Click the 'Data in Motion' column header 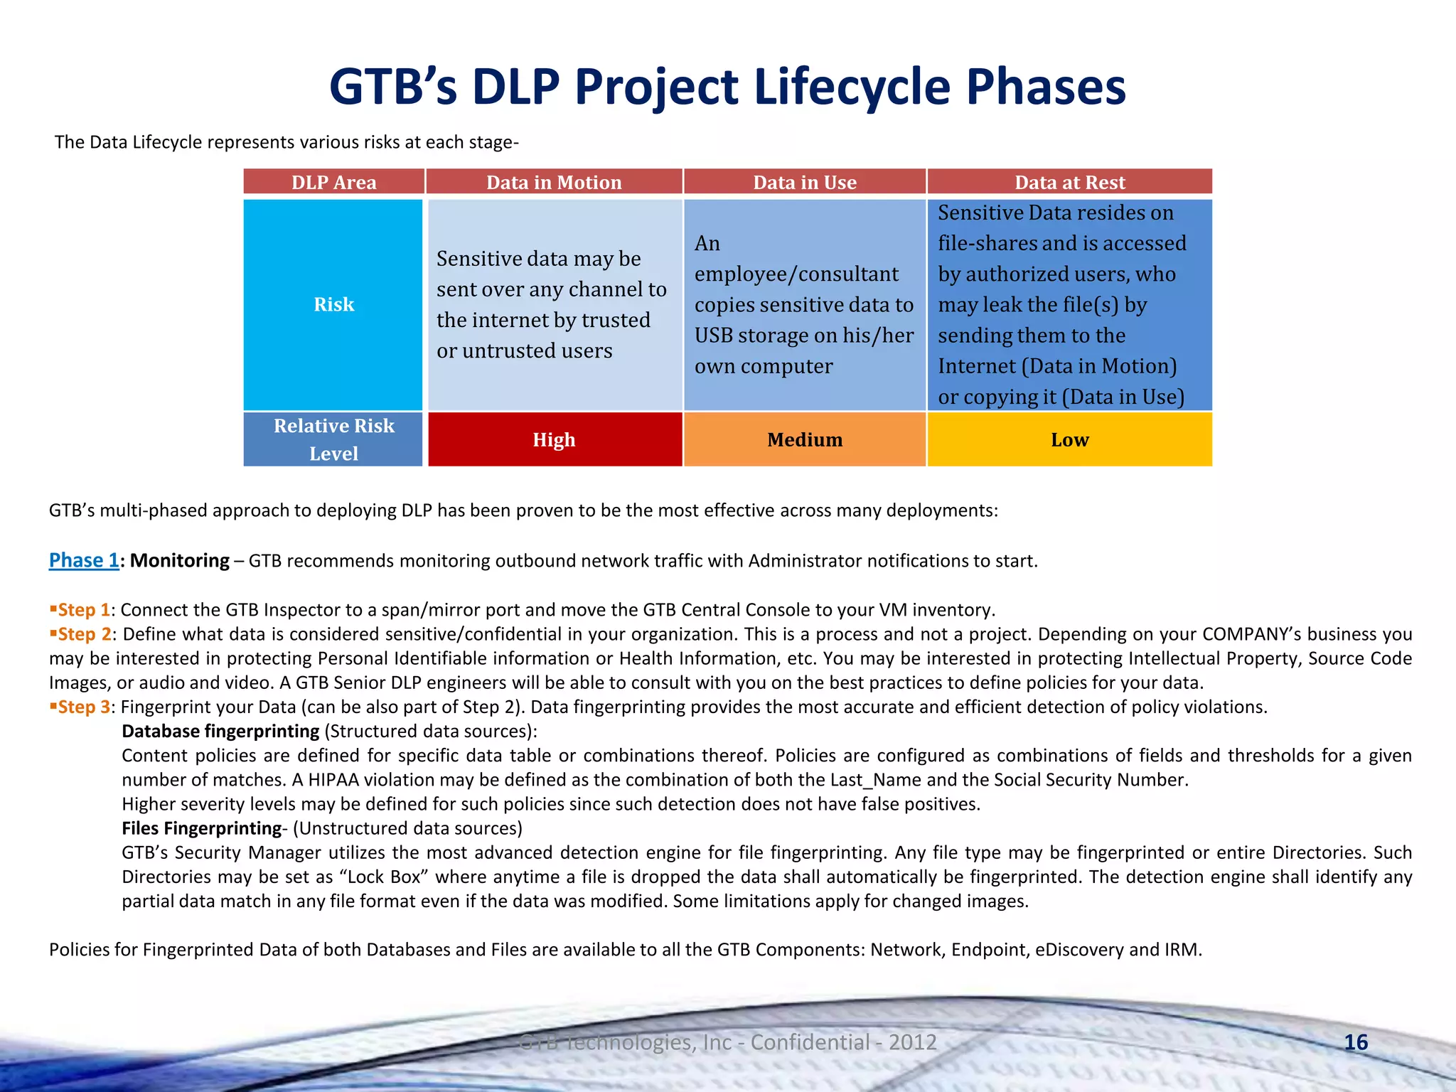[x=554, y=183]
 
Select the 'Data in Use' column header [x=805, y=183]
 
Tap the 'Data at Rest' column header [x=1069, y=183]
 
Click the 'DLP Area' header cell [x=333, y=183]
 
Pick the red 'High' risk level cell [x=554, y=440]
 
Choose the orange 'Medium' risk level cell [x=805, y=440]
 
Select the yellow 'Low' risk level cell [x=1069, y=440]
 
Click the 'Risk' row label [x=333, y=304]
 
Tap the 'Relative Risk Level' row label [x=333, y=439]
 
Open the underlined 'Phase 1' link [x=84, y=560]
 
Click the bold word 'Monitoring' [x=180, y=560]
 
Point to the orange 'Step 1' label [x=83, y=610]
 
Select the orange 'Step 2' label [x=83, y=634]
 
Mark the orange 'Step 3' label [x=83, y=707]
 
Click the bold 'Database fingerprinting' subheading [x=220, y=731]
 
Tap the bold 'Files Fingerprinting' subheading [x=202, y=828]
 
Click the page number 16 [x=1356, y=1042]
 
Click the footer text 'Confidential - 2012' [x=843, y=1042]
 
